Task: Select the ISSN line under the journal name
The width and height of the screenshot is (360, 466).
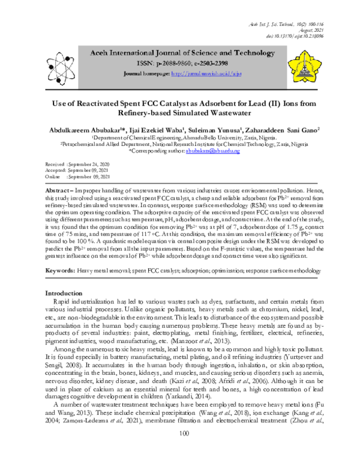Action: tap(178, 62)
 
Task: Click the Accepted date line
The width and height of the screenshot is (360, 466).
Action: tap(78, 170)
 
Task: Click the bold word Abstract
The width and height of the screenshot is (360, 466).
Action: tap(57, 190)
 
